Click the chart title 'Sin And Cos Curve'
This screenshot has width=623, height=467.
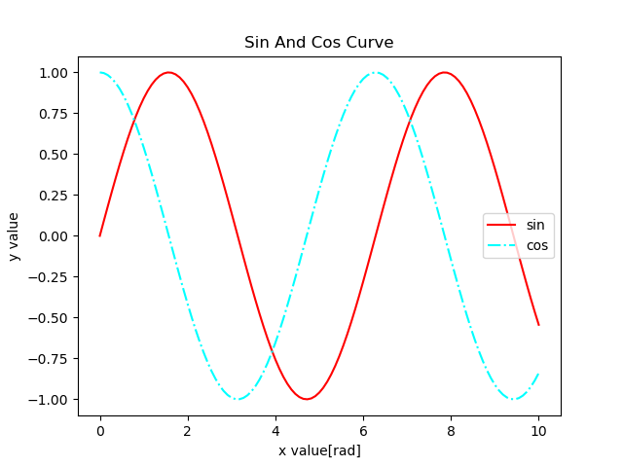point(319,43)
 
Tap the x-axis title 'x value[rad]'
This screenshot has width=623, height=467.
point(319,450)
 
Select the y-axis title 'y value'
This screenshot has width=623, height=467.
point(15,236)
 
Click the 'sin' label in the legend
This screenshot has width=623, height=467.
point(535,226)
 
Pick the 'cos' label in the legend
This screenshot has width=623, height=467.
point(537,246)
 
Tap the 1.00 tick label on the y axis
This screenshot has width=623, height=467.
point(54,73)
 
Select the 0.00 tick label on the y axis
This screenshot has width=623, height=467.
point(54,236)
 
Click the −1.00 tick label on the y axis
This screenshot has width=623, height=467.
point(50,400)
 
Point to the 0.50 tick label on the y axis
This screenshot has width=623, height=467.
point(54,155)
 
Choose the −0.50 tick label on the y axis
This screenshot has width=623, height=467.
point(50,318)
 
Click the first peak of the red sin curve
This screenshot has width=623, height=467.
point(168,72)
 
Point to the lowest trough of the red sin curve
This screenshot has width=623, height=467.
point(307,399)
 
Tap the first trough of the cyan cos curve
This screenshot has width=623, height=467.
point(238,399)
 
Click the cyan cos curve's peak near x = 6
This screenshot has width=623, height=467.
point(375,72)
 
